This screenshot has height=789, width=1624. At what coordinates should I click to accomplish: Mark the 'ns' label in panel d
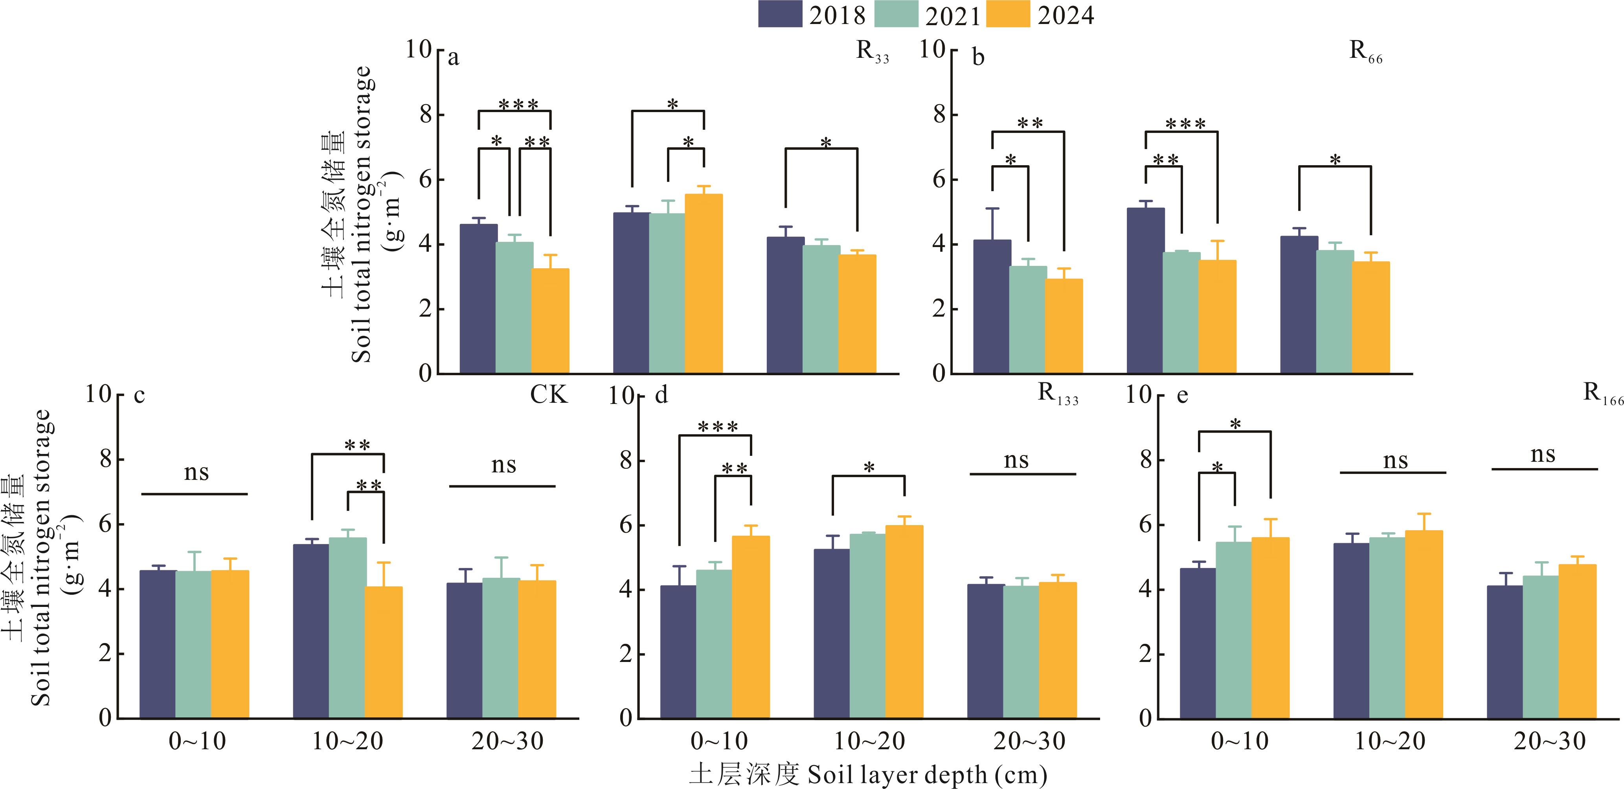coord(1016,461)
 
